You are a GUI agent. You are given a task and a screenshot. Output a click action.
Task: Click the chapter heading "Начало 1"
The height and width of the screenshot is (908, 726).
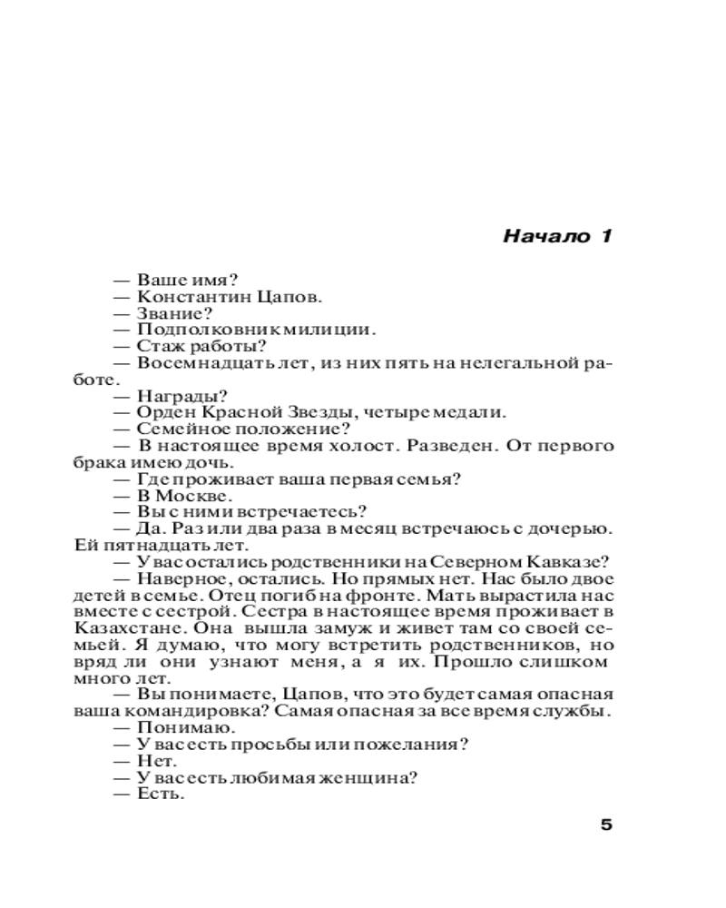(x=557, y=238)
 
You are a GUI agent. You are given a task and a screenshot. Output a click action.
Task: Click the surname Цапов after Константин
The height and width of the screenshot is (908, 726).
(x=291, y=297)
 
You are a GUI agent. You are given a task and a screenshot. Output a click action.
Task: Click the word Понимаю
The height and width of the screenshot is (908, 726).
(x=175, y=728)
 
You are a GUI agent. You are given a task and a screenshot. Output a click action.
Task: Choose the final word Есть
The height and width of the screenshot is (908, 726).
(x=160, y=794)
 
